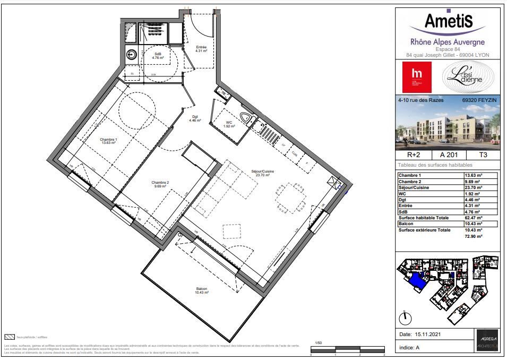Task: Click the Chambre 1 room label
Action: (x=109, y=141)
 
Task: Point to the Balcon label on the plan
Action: (x=201, y=290)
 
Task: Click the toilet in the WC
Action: (x=245, y=118)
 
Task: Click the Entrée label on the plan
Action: (x=201, y=49)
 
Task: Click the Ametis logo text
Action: (x=448, y=22)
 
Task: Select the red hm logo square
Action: (x=417, y=77)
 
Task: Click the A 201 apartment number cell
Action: (x=448, y=156)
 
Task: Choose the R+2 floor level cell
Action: (x=414, y=156)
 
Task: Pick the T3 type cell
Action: (x=482, y=156)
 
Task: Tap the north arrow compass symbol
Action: (x=406, y=318)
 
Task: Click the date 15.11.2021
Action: (x=425, y=335)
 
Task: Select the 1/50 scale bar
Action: (x=348, y=348)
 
